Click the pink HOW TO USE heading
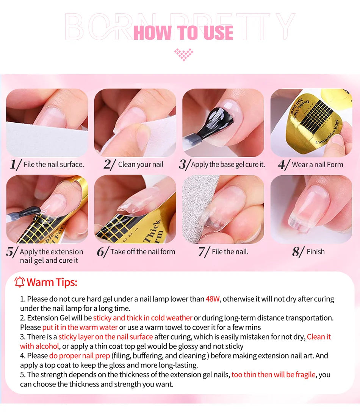coord(183,32)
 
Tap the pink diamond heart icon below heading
coord(183,54)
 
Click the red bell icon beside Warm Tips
coord(19,282)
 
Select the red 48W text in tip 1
coord(213,299)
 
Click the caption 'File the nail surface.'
coord(54,164)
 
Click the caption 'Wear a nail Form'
coord(317,165)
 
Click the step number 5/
coord(12,252)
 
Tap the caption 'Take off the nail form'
coord(143,252)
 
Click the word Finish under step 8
coord(316,252)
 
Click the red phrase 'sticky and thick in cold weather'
coord(143,318)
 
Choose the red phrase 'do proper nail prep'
coord(80,355)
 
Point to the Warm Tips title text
coord(52,282)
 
